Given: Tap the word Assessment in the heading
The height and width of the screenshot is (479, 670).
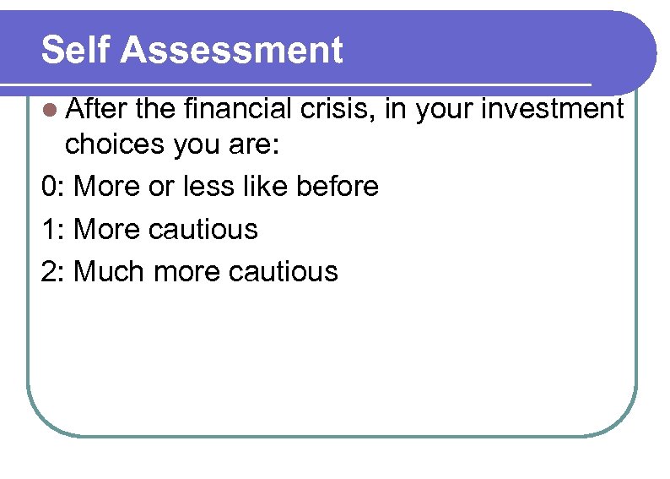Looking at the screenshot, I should [231, 50].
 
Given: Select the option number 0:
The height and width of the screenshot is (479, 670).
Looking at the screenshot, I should [53, 187].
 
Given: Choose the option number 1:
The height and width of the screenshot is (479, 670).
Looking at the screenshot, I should [53, 229].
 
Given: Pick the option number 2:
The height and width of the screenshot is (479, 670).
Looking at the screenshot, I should [53, 271].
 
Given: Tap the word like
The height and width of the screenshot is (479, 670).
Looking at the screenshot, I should [260, 186].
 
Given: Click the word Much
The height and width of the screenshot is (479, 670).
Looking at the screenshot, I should [105, 271].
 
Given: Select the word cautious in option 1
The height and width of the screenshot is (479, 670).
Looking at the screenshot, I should [205, 229].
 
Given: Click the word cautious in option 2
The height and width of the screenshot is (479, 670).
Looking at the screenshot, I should [285, 271].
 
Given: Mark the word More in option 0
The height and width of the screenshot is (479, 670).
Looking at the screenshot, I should [107, 187].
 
